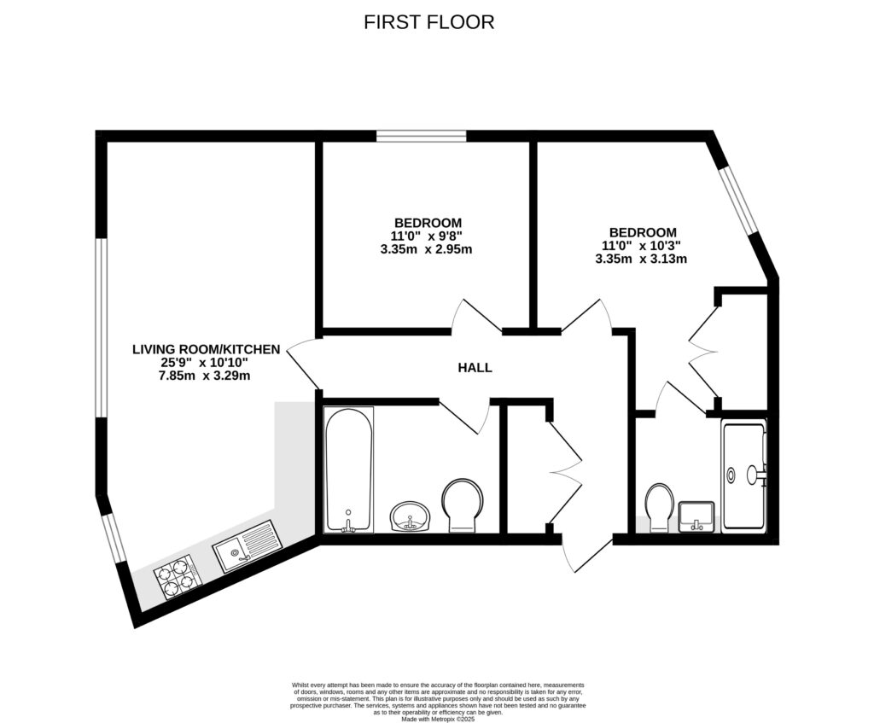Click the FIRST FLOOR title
pos(428,22)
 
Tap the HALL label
pos(475,368)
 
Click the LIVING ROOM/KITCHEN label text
pos(207,349)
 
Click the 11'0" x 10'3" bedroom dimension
pos(642,246)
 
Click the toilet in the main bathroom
pos(463,504)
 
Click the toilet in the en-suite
pos(660,507)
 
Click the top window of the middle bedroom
pos(422,135)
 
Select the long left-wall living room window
pos(101,327)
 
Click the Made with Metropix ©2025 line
pos(437,719)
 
